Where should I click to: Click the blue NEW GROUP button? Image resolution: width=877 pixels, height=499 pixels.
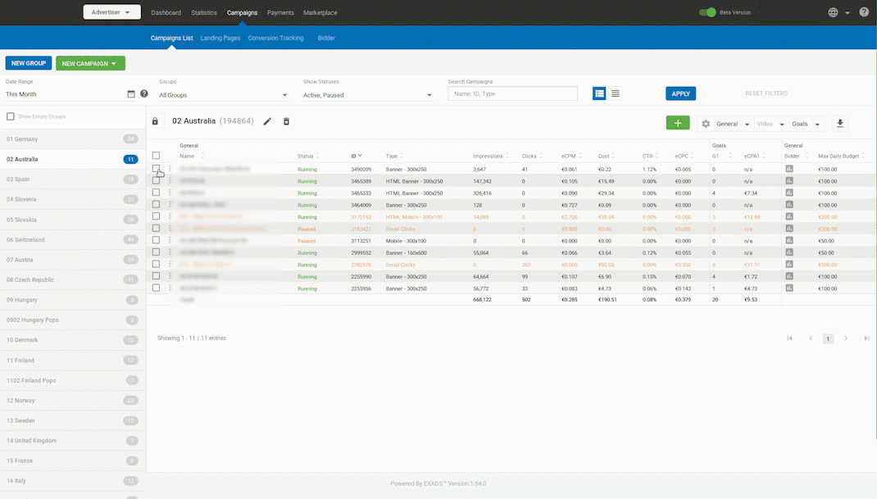pos(29,63)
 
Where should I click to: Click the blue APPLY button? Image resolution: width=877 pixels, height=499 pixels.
pos(680,93)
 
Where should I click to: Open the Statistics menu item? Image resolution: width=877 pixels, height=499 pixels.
pos(204,12)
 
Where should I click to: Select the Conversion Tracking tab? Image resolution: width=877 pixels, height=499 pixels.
pos(275,38)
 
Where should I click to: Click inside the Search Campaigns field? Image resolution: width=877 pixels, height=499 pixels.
pos(512,94)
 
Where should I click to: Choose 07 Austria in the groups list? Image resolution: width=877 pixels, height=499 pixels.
pos(20,260)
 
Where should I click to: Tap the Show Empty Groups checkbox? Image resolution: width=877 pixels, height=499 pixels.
pos(11,116)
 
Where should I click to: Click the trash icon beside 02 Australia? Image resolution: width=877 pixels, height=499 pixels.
pos(286,121)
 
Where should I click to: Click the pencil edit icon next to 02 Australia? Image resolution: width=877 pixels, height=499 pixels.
pos(267,121)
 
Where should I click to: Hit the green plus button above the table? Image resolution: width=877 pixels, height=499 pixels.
pos(678,123)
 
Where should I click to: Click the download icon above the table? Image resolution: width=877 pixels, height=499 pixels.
pos(839,124)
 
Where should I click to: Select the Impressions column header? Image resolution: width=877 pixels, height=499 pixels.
pos(488,156)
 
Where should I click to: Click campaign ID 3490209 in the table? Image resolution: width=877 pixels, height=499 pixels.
pos(361,169)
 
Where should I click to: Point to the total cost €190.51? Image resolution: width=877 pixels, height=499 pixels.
pos(607,300)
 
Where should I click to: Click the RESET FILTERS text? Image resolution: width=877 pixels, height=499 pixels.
pos(766,93)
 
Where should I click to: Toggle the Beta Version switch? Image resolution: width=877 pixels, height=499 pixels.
pos(707,12)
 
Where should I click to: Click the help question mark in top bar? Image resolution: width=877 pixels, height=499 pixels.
pos(864,12)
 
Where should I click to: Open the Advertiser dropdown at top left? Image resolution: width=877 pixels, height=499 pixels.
pos(111,12)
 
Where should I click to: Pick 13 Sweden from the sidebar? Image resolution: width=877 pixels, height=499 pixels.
pos(20,420)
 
